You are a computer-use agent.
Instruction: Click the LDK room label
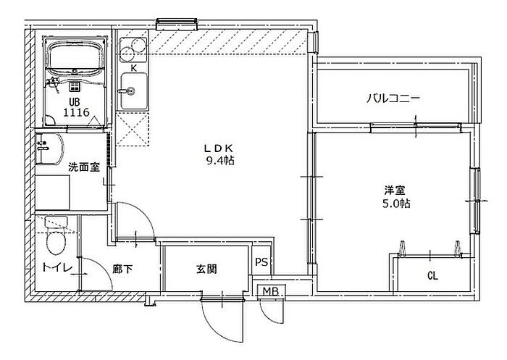coord(219,148)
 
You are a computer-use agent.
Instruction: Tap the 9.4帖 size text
coord(220,160)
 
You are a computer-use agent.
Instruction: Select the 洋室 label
coord(395,190)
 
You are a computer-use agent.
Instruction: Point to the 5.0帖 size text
coord(396,204)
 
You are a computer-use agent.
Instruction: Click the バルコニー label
coord(393,98)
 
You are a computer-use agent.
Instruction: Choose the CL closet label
coord(432,276)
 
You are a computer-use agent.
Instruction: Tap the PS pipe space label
coord(261,261)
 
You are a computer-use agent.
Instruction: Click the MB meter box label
coord(271,291)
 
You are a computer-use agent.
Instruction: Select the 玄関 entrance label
coord(206,269)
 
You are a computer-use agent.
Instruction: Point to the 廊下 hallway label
coord(122,269)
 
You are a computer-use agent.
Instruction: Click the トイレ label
coord(57,268)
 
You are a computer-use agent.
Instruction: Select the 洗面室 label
coord(84,167)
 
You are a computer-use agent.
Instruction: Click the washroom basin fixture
coord(49,148)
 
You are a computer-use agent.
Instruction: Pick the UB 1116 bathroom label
coord(76,107)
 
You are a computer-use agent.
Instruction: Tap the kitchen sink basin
coord(134,91)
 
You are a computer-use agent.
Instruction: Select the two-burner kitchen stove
coord(133,49)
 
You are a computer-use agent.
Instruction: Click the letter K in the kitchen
coord(134,68)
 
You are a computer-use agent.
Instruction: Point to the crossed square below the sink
coord(133,129)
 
